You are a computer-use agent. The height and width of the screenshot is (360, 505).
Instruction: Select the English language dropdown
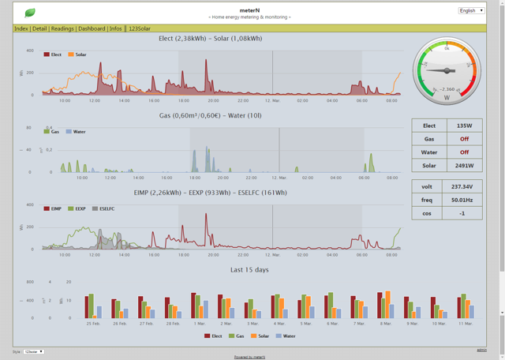[471, 10]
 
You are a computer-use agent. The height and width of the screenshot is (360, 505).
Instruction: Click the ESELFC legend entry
[104, 209]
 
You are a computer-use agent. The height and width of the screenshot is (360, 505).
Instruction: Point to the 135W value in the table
[464, 125]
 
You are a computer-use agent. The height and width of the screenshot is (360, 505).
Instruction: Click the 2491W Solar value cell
[464, 166]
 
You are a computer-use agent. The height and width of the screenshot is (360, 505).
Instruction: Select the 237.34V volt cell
[464, 187]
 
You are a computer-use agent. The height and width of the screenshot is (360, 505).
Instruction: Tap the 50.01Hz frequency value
[464, 201]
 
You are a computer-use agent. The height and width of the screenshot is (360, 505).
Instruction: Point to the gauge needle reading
[446, 89]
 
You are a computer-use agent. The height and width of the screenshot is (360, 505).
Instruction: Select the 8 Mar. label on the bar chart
[387, 324]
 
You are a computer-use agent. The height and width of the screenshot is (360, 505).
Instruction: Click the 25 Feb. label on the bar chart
[93, 324]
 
